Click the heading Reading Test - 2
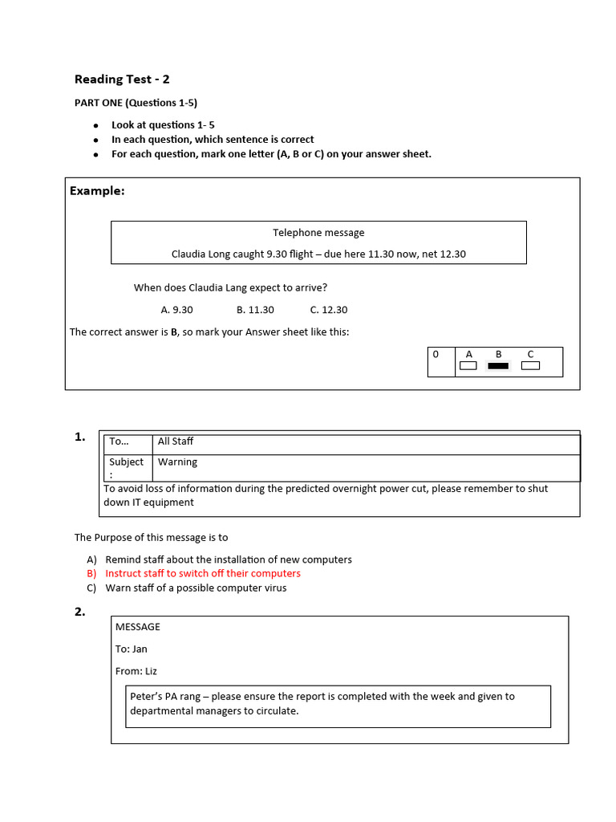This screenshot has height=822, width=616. pos(122,79)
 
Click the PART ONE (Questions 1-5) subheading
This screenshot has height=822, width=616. pos(136,103)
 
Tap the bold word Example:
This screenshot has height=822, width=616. pos(97,191)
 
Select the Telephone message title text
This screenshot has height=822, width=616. pos(318,233)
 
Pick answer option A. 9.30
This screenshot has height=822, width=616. pos(176,310)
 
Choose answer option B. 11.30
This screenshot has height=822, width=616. pos(255,310)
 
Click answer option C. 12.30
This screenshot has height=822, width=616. pos(329,310)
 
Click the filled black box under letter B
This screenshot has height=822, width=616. pos(498,366)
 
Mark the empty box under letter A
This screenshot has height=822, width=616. pos(468,366)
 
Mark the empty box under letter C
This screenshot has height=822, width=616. pos(530,366)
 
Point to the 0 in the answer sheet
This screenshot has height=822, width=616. pos(436,354)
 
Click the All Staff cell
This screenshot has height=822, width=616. pos(176,442)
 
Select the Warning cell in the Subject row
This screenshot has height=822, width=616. pos(177,462)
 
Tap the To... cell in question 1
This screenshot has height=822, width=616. pos(119,442)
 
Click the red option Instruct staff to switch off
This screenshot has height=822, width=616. pos(203,573)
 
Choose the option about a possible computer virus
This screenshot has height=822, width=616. pos(196,588)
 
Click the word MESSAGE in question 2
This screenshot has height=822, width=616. pos(138,626)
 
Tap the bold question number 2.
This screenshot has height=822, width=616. pos(79,612)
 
